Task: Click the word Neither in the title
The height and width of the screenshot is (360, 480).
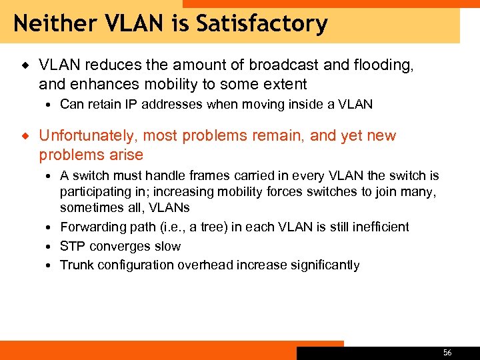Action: click(50, 24)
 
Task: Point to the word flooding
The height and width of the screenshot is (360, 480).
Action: click(387, 65)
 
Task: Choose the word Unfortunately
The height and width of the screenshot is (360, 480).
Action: click(85, 136)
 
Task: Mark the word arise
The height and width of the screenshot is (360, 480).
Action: click(127, 155)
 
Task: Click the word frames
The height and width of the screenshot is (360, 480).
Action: click(203, 176)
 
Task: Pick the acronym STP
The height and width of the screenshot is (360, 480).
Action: click(72, 246)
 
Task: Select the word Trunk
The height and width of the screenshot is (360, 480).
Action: click(75, 265)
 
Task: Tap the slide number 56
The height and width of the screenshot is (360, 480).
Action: click(447, 353)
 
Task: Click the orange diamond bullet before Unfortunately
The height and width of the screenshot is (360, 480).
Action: click(25, 136)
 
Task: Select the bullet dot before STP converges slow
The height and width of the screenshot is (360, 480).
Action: click(51, 247)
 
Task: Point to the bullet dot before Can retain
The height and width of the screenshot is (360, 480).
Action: click(51, 105)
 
